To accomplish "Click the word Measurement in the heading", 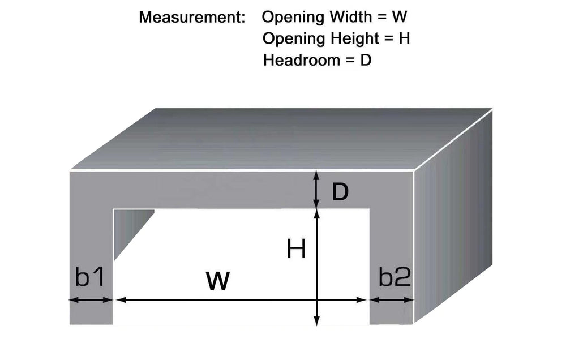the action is point(192,18).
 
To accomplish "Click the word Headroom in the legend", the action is point(302,60).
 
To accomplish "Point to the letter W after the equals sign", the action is point(399,17).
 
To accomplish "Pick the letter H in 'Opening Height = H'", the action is point(404,38).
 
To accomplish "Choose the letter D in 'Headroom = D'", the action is point(366,60).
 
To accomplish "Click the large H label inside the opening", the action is point(296,248).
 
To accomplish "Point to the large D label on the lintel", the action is point(340,192).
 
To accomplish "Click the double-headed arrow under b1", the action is point(91,299).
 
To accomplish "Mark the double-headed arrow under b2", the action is point(392,299).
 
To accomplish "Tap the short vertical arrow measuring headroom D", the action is point(316,189).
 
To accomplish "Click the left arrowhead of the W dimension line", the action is point(121,299).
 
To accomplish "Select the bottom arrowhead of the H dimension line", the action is point(316,320).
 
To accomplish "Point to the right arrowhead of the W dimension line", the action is point(361,299).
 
